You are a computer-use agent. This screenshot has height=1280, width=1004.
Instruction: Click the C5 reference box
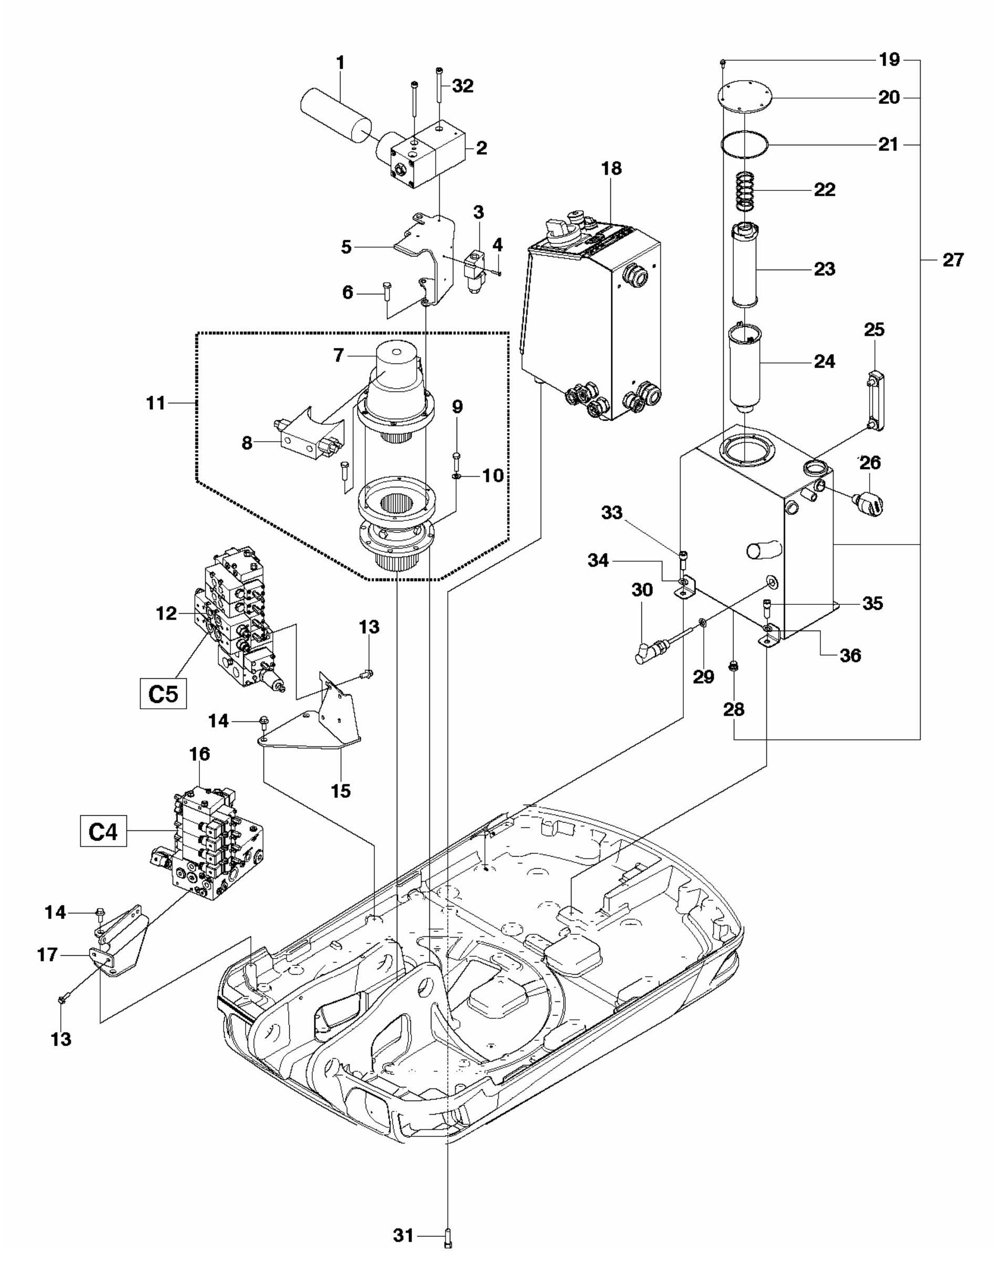pos(163,695)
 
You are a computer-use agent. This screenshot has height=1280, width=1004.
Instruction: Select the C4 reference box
pos(103,833)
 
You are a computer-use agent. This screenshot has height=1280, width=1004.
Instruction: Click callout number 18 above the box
pos(611,168)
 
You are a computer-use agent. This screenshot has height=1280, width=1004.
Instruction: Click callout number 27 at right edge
pos(953,259)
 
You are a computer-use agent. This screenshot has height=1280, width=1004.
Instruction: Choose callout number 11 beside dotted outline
pos(156,403)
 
